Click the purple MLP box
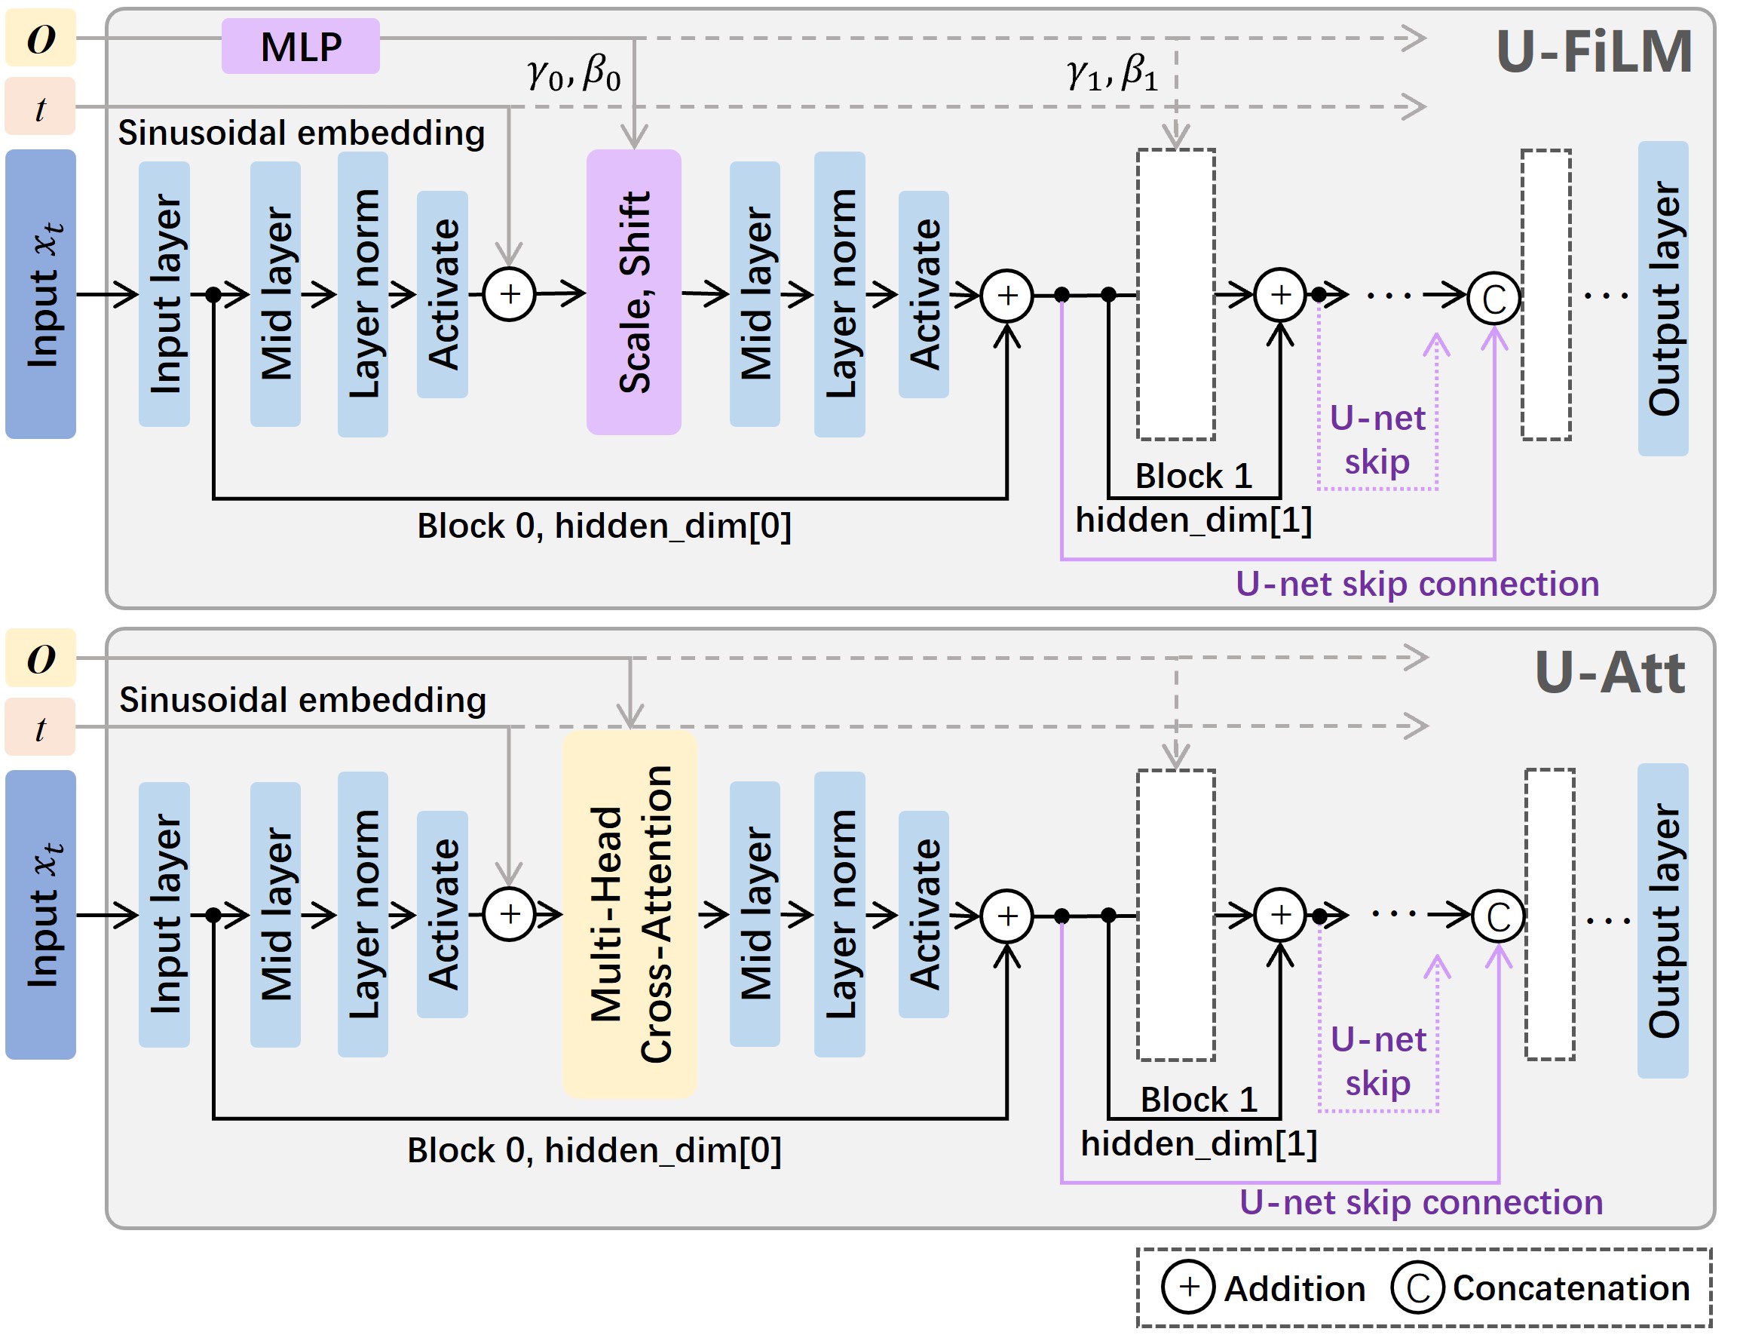(300, 46)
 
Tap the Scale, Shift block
(633, 292)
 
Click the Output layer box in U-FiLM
(1662, 299)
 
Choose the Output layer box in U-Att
(1662, 920)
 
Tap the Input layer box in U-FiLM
(164, 293)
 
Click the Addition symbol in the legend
(1187, 1286)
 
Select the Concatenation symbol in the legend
(1417, 1287)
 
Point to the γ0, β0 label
(573, 73)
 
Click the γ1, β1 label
(1112, 73)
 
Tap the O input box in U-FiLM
(41, 38)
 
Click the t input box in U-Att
(41, 727)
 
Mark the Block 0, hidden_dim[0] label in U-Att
(594, 1150)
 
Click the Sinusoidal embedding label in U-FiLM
(302, 133)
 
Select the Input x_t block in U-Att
(41, 914)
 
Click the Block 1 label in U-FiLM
(1193, 476)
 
